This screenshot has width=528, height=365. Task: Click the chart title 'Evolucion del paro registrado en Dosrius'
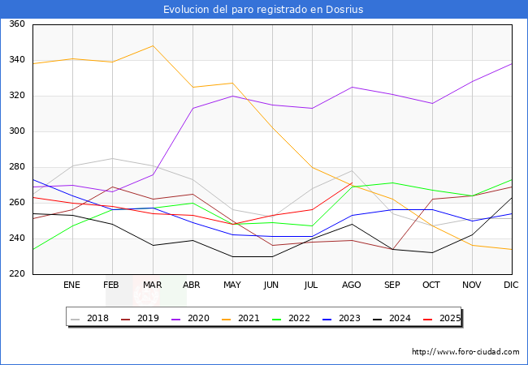[x=263, y=10]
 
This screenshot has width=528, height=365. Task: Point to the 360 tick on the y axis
[x=17, y=24]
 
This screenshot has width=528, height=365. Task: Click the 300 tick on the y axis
[x=17, y=131]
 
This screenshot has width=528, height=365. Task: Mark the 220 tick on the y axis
[x=17, y=274]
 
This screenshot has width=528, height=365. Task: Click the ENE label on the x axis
[x=72, y=285]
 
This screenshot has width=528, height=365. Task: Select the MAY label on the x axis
[x=232, y=285]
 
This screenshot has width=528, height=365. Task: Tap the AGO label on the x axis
[x=352, y=285]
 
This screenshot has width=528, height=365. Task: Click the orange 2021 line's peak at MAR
[x=153, y=45]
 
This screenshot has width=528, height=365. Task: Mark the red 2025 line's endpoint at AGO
[x=352, y=183]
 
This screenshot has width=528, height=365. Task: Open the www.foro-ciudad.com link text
[x=465, y=352]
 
